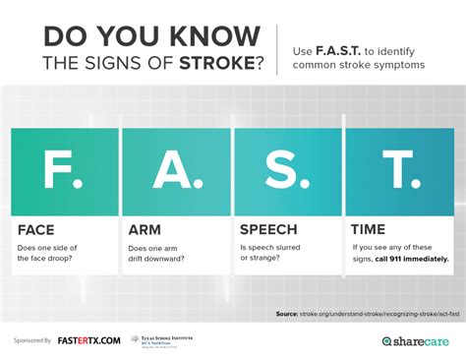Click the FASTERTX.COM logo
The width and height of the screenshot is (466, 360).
tap(88, 340)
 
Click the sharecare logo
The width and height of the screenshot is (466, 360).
tap(417, 341)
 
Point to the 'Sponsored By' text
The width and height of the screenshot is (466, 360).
tap(33, 340)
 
